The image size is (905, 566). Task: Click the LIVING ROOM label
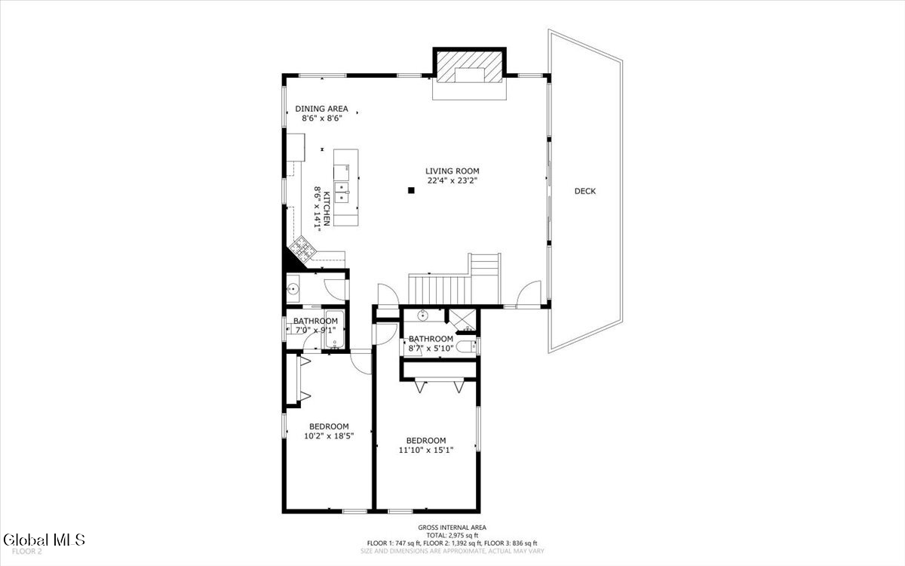(x=452, y=171)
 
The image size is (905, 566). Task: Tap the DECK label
(x=585, y=191)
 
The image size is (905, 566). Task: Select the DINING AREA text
(x=321, y=109)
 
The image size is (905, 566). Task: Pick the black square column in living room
(x=411, y=190)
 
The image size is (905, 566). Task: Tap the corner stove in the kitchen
(x=305, y=248)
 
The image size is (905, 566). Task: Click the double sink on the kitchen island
(x=343, y=192)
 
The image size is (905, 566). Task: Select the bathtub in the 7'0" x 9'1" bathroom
(x=334, y=331)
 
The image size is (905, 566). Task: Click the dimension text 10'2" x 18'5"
(x=329, y=435)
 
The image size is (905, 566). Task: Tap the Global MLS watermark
(x=44, y=540)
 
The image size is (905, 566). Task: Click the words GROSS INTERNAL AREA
(x=452, y=528)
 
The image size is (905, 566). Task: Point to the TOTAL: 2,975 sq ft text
(x=452, y=535)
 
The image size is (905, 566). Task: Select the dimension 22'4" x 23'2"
(x=452, y=180)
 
